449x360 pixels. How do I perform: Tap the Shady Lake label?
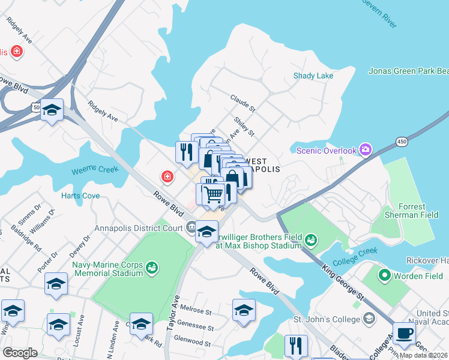(x=313, y=76)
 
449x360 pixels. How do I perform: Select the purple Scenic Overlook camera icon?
(x=365, y=150)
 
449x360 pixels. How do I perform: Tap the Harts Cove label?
(x=80, y=196)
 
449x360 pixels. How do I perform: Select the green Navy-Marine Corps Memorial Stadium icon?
(x=151, y=265)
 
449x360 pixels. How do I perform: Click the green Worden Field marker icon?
(x=384, y=276)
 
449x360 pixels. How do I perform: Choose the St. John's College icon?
(x=370, y=319)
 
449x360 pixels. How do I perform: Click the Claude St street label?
(x=243, y=103)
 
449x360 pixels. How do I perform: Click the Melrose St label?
(x=199, y=312)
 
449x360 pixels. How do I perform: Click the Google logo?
(x=20, y=352)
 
